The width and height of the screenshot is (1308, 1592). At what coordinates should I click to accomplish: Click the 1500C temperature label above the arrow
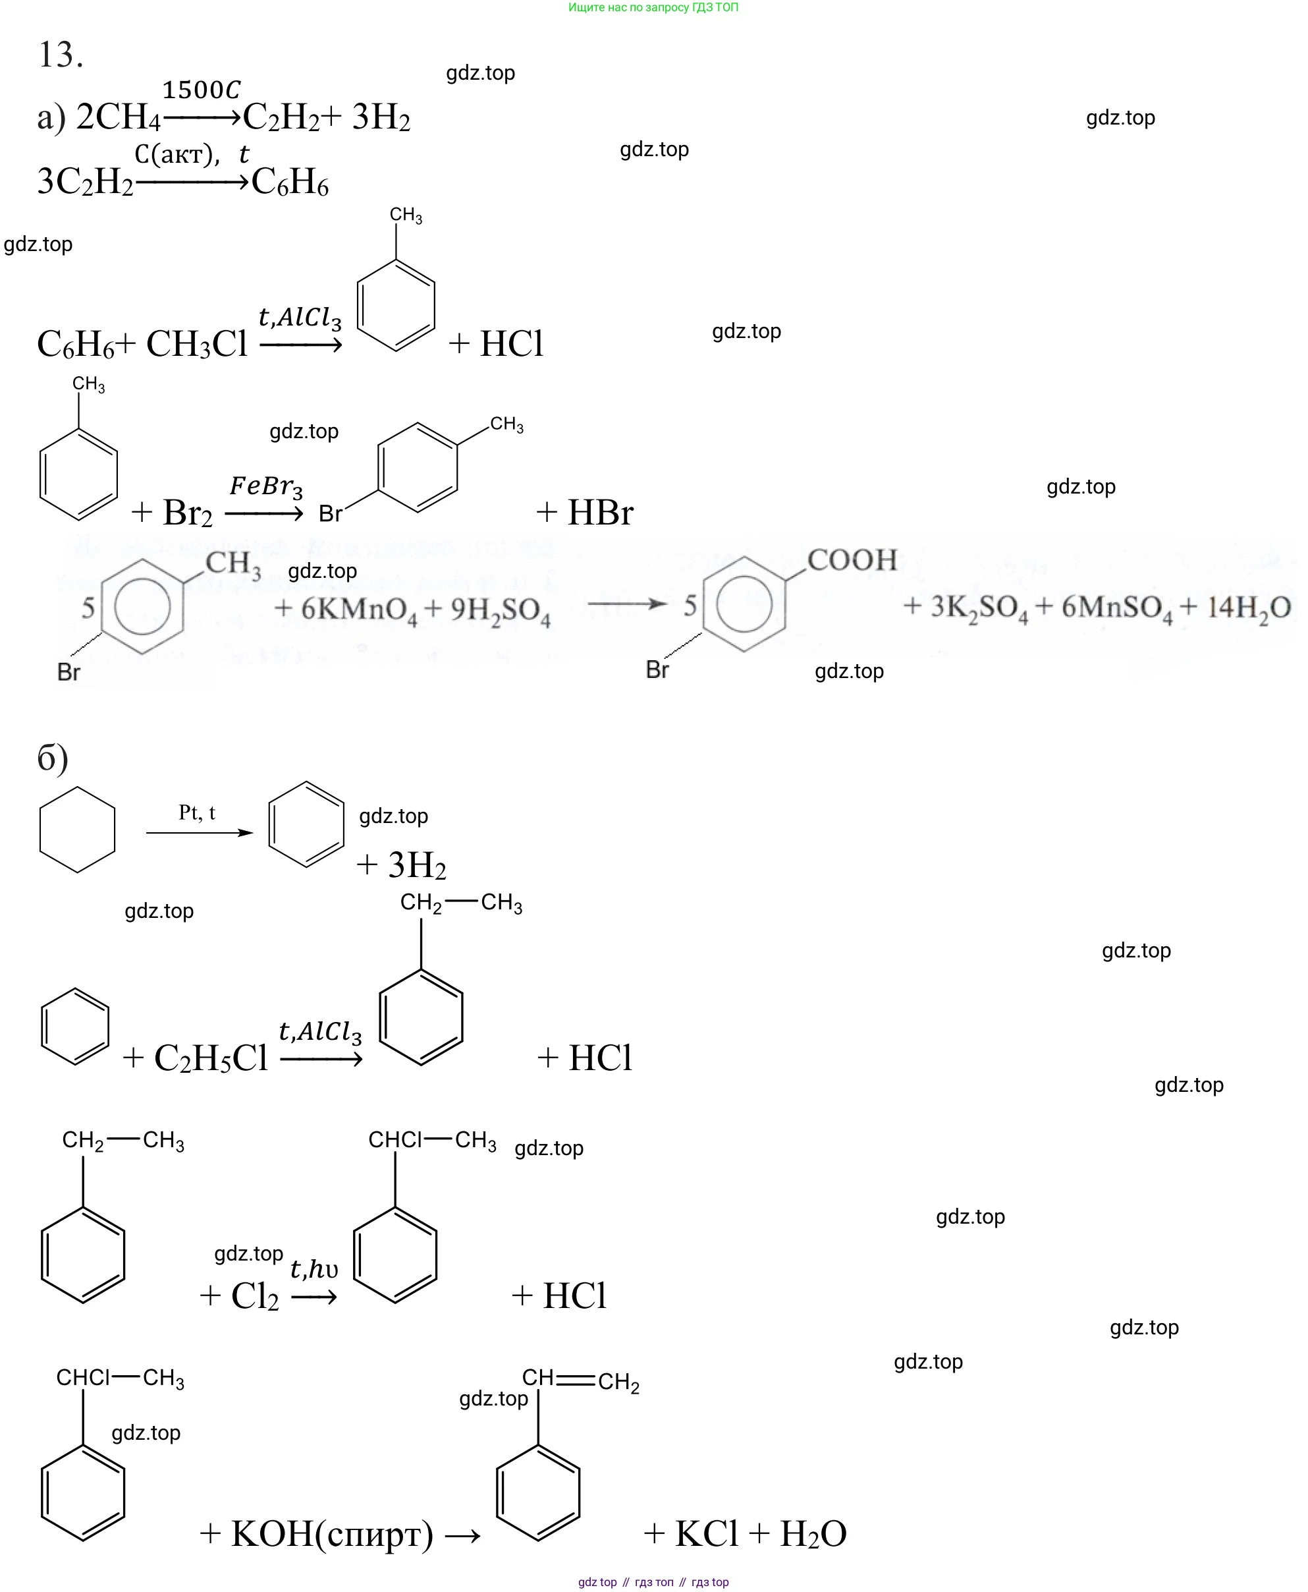point(201,90)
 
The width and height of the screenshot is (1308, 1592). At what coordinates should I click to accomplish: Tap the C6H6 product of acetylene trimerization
point(290,182)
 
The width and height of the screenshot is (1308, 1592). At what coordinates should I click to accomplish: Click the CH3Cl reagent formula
point(197,345)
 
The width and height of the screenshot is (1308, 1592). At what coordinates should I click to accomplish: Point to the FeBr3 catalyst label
point(266,486)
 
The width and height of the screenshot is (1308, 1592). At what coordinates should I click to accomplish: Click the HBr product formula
point(600,513)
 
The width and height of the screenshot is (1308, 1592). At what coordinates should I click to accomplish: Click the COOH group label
point(852,560)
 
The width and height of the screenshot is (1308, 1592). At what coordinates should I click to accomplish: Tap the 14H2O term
point(1249,608)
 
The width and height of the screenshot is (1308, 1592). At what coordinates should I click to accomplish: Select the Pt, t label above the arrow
point(197,812)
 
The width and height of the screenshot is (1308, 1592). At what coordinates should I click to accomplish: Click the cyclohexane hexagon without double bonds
point(77,830)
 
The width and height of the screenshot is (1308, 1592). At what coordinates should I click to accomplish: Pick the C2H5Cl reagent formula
point(211,1058)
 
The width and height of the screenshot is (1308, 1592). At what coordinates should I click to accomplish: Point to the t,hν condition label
point(313,1269)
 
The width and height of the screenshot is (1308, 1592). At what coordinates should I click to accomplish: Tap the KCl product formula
point(706,1534)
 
